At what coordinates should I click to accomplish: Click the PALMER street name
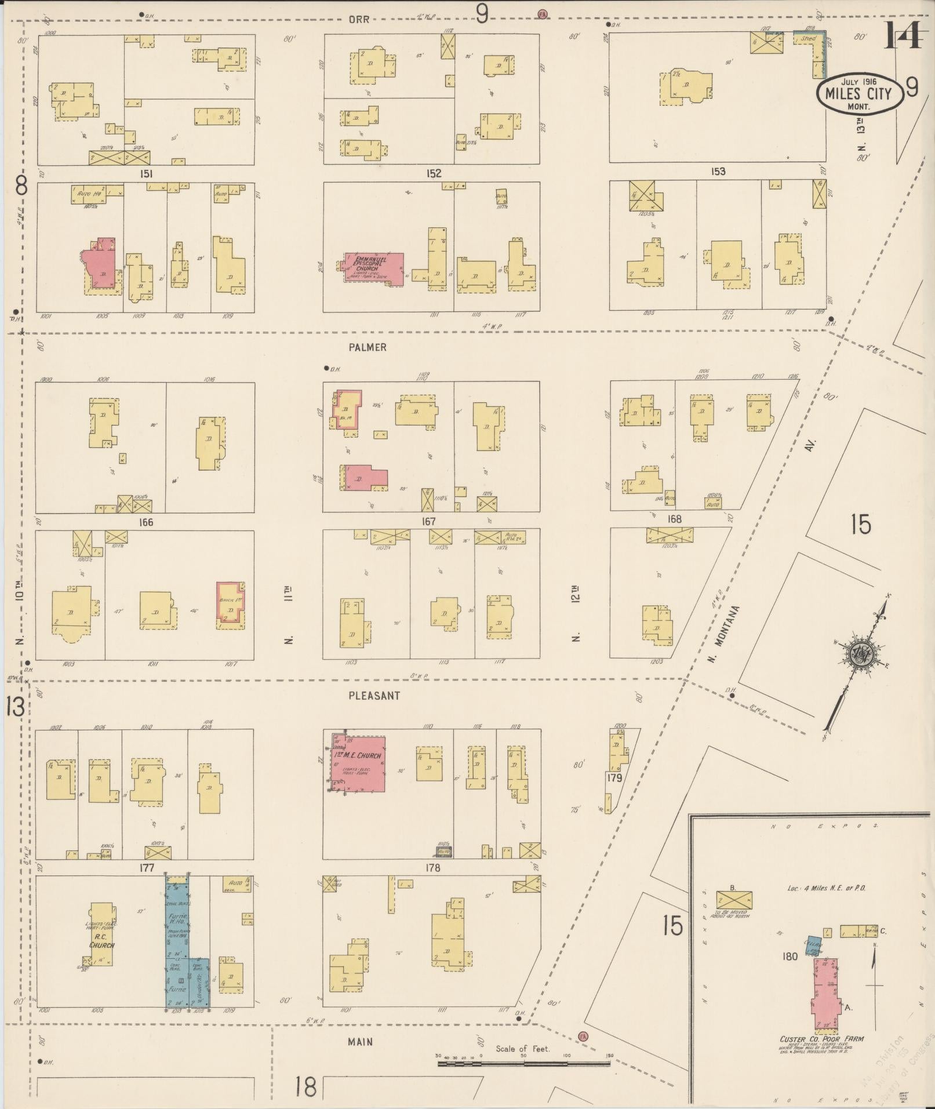click(368, 347)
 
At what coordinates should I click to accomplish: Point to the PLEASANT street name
click(374, 695)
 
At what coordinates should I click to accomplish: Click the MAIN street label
click(360, 1042)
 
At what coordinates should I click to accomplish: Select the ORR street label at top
click(359, 19)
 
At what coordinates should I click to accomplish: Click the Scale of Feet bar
click(523, 1063)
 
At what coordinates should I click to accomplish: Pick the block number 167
click(428, 522)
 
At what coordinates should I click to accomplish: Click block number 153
click(718, 172)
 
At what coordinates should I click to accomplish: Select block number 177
click(145, 868)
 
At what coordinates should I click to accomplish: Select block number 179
click(614, 778)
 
